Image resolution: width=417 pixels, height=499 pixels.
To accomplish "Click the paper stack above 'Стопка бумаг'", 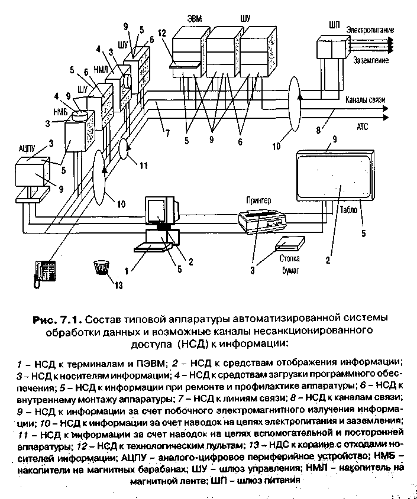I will [290, 242].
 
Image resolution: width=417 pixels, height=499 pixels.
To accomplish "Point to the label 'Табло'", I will [348, 208].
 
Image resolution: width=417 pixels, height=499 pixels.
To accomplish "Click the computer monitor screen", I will [157, 212].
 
